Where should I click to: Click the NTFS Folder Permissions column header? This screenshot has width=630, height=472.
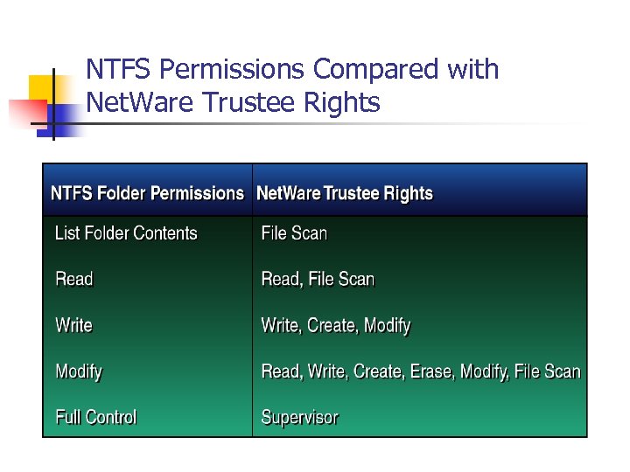tap(147, 193)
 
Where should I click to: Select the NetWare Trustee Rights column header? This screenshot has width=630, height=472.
tap(345, 193)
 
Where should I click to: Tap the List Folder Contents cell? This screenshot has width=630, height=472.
tap(126, 233)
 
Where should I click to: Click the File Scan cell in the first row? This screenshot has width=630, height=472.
tap(294, 233)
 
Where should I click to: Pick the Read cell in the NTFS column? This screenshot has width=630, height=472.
tap(73, 280)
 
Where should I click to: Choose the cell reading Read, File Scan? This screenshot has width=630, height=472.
tap(318, 280)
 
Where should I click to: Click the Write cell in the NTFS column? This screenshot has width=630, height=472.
tap(73, 325)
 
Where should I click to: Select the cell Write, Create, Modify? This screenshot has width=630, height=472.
tap(336, 325)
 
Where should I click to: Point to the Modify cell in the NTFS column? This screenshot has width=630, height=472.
tap(79, 371)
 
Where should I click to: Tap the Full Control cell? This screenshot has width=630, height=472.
tap(96, 417)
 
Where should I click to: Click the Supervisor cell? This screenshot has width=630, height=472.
tap(299, 417)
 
